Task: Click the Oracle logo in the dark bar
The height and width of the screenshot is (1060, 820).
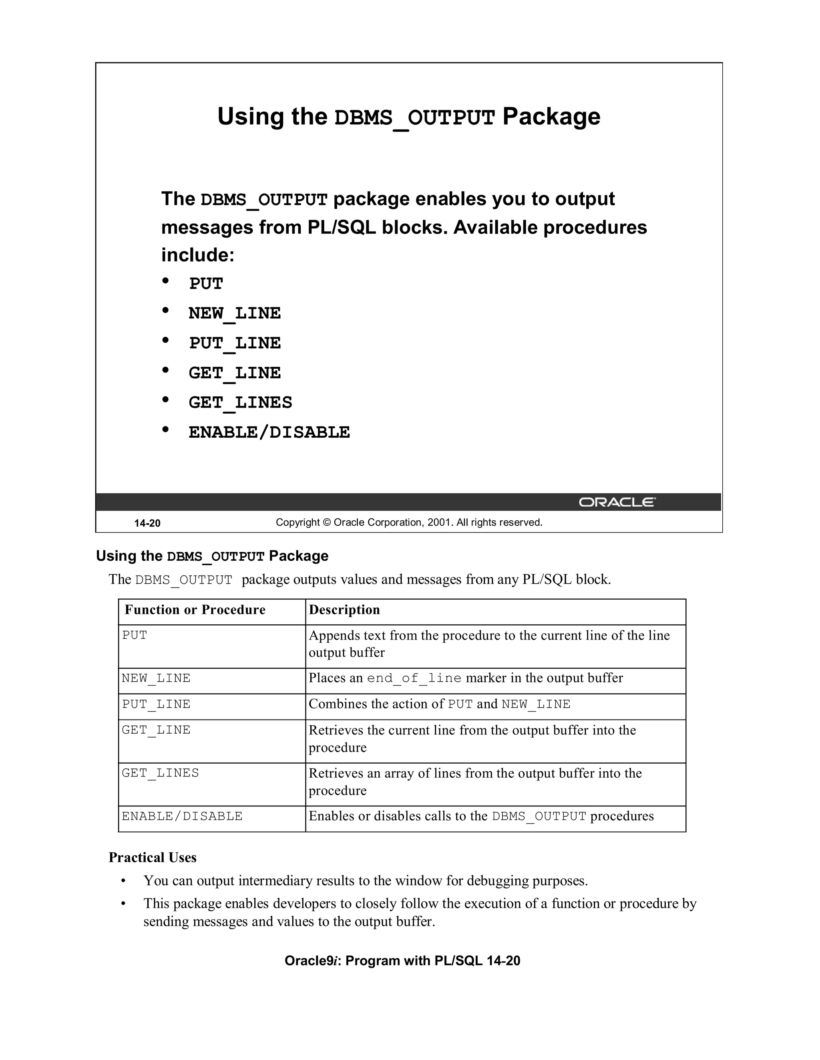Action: tap(617, 502)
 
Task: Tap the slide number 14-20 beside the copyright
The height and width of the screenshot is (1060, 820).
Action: tap(147, 523)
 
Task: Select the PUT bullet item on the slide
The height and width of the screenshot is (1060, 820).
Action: tap(206, 284)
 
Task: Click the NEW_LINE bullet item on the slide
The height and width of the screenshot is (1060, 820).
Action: tap(235, 313)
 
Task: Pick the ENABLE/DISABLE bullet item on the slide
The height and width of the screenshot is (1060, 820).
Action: tap(269, 432)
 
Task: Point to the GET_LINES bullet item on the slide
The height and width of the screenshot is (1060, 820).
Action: tap(241, 402)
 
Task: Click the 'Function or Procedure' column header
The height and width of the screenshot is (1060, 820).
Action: tap(195, 610)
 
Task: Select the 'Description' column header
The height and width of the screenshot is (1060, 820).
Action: tap(344, 610)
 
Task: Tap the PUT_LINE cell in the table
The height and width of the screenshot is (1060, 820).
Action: tap(156, 704)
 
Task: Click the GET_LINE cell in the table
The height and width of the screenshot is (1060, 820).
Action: tap(156, 730)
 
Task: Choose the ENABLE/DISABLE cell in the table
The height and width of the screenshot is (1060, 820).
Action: tap(182, 816)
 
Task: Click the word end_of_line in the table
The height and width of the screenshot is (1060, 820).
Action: tap(414, 678)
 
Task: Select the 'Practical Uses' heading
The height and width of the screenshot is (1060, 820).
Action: tap(153, 858)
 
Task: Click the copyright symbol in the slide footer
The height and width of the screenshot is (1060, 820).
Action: tap(326, 523)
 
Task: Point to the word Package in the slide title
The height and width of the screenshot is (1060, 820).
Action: tap(551, 116)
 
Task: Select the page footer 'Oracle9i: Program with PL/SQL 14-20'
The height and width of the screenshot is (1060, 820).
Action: tap(402, 961)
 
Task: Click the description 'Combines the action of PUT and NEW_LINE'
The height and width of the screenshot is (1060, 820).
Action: tap(439, 704)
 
